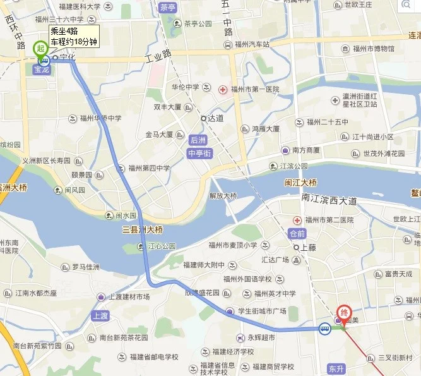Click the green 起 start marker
tap(40, 48)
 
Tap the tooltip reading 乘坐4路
tap(74, 36)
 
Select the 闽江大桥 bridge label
tap(299, 183)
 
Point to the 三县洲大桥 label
tap(143, 229)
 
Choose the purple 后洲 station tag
tap(198, 139)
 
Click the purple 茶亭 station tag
tap(168, 8)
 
